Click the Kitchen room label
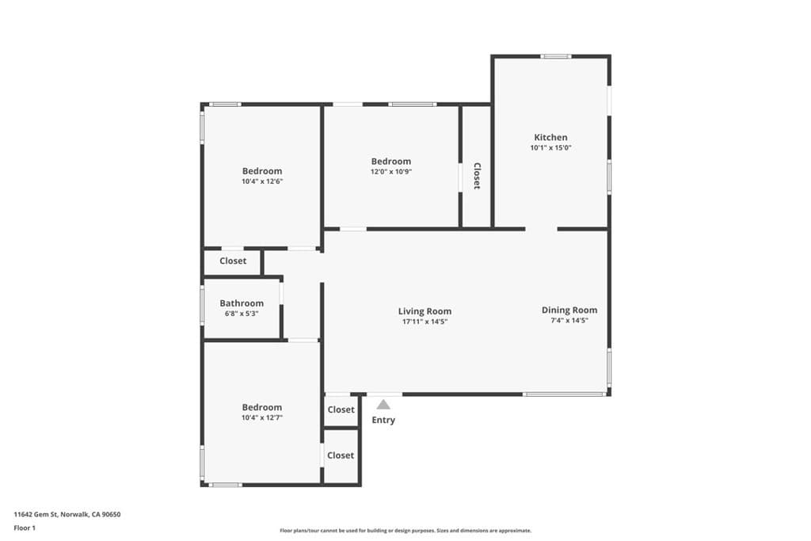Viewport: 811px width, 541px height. (x=550, y=137)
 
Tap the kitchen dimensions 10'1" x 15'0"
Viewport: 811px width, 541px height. (x=550, y=148)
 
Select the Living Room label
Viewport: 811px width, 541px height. (x=425, y=311)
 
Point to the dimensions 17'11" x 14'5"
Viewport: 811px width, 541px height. (x=425, y=322)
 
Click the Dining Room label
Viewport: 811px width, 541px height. (x=569, y=310)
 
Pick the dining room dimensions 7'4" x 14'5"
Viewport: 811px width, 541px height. (x=569, y=321)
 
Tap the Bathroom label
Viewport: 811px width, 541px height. (x=242, y=303)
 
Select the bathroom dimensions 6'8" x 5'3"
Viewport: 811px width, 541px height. (x=242, y=314)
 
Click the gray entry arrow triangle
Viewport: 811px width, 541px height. (x=383, y=405)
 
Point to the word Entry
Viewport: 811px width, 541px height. (x=383, y=421)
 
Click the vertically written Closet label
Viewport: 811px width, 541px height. (x=477, y=176)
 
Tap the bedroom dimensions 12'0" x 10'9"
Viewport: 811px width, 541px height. (x=391, y=172)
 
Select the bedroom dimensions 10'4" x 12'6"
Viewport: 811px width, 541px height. (x=262, y=181)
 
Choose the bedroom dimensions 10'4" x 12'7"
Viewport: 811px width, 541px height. (x=262, y=418)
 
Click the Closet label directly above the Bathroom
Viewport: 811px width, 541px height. (x=233, y=261)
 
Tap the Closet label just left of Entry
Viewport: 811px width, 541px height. (x=341, y=410)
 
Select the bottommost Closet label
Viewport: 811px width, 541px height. (x=341, y=455)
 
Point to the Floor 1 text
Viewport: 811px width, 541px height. (x=25, y=527)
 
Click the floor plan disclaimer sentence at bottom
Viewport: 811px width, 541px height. (x=405, y=531)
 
